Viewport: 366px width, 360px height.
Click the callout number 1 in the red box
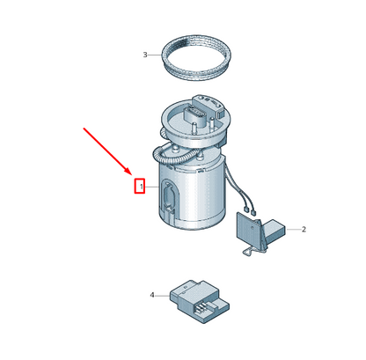[142, 187]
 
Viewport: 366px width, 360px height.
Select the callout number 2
[304, 229]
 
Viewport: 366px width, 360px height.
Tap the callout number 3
[145, 55]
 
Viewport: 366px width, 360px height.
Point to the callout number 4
[152, 295]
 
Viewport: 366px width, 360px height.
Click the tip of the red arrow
[130, 173]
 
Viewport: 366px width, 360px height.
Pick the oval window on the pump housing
[168, 195]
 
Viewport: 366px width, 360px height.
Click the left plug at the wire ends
[247, 209]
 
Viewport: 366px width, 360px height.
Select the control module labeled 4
[200, 301]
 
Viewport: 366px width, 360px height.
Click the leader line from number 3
[155, 55]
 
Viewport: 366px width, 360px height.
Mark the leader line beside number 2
[293, 229]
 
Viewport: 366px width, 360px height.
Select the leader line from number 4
[162, 296]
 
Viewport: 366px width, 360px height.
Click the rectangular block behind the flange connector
[209, 106]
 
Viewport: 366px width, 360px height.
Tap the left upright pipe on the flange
[194, 129]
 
